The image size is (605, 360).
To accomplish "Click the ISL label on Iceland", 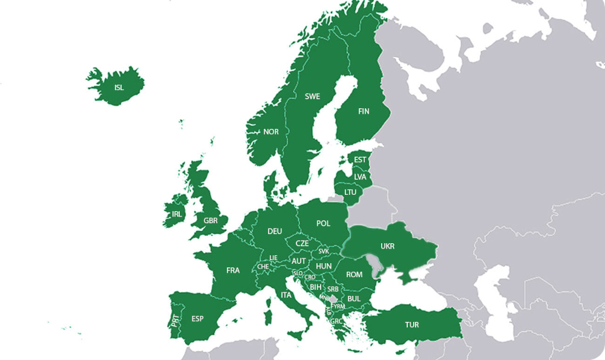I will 119,88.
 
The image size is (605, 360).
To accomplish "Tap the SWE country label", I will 312,96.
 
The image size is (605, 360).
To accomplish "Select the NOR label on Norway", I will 271,132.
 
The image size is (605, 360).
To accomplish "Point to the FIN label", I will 364,111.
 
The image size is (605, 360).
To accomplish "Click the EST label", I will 361,160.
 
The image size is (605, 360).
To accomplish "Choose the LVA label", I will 361,177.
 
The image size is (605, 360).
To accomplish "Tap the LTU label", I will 350,192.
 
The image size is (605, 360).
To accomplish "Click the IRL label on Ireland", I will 177,214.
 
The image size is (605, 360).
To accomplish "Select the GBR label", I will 211,221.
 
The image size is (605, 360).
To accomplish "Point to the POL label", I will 324,223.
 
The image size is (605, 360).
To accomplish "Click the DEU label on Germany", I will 275,231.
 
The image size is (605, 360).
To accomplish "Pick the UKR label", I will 388,247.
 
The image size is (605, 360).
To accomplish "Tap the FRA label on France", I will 233,270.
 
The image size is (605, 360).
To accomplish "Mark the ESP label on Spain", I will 197,319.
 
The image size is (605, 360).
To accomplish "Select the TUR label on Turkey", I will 412,325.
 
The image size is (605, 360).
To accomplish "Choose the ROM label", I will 354,275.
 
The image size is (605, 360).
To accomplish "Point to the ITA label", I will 286,295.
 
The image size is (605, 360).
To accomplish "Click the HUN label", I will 324,266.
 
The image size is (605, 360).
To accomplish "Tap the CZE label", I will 302,243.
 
